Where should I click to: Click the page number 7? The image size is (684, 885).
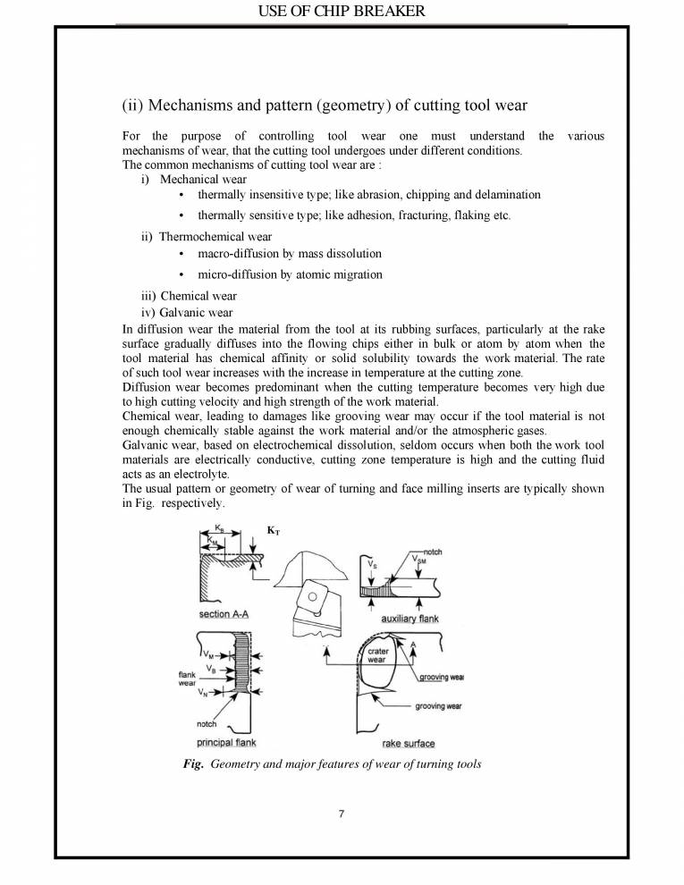pos(342,813)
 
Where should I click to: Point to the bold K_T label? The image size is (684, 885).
pos(272,530)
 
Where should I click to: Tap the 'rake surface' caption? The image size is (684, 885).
pos(408,743)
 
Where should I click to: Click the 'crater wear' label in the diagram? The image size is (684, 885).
pos(377,656)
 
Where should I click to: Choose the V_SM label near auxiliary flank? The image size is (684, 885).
pos(418,560)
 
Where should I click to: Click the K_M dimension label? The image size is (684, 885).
pos(212,541)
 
